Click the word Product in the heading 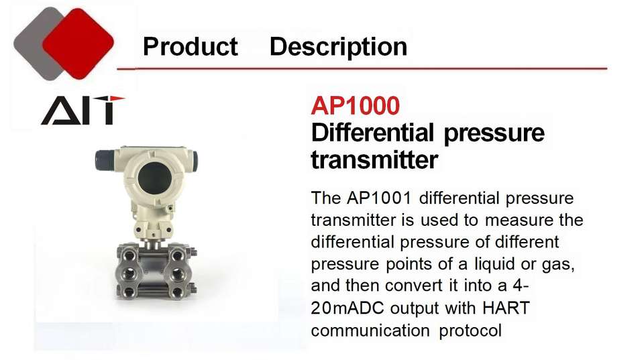pos(190,46)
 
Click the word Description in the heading pos(338,47)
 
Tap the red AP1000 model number pos(356,105)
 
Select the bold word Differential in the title pos(372,132)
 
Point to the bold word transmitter pos(374,160)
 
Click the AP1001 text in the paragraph pos(379,198)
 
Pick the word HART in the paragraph pos(506,308)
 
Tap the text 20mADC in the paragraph pos(347,308)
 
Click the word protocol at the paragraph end pos(470,331)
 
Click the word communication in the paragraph pos(370,330)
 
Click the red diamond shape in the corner pos(78,44)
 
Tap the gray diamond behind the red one pos(33,44)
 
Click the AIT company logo pos(83,110)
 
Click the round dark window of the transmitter pos(154,178)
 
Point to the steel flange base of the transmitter pos(155,271)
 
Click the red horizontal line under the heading pos(362,68)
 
